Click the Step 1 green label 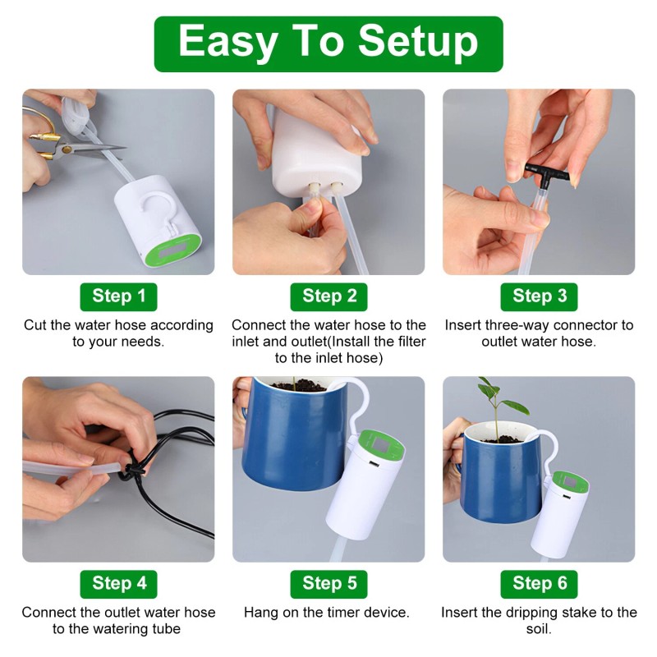pos(118,296)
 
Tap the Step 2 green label pos(328,296)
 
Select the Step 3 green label pos(539,296)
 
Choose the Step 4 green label pos(118,583)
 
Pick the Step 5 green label pos(328,583)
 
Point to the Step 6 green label pos(539,583)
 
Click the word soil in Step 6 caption pos(539,629)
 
